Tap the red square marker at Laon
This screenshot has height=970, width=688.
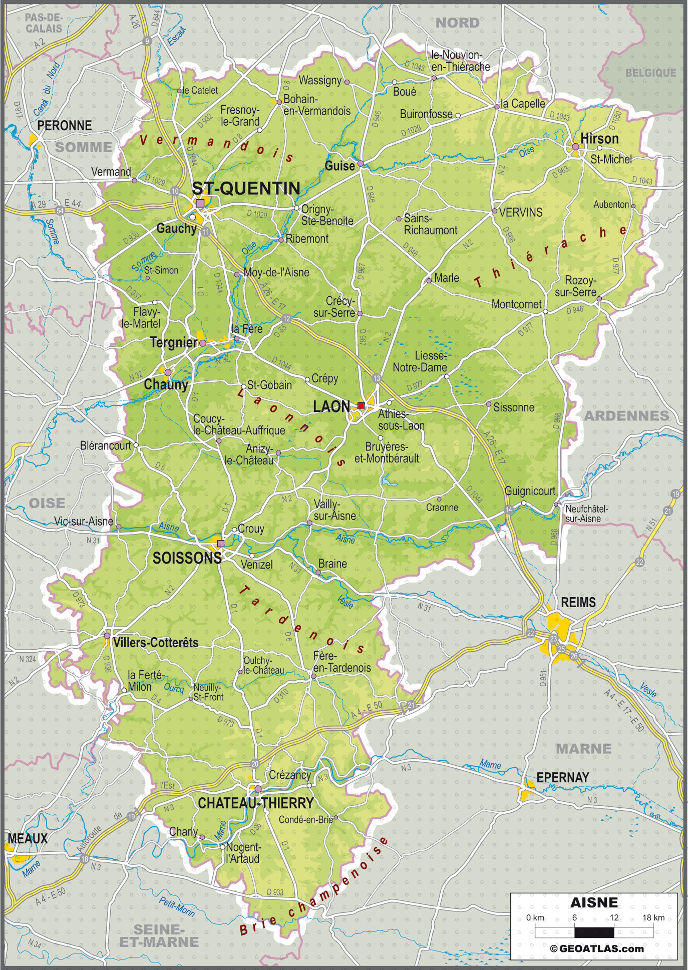pos(361,406)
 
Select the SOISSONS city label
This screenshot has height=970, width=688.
pos(187,558)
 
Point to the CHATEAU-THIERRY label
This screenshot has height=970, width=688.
pos(255,803)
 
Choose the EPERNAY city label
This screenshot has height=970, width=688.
pos(563,777)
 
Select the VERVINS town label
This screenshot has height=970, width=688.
pos(521,212)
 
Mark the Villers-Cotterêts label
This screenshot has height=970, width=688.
pos(155,642)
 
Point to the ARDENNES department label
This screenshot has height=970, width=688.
pos(626,416)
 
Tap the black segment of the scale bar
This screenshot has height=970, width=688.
pos(594,932)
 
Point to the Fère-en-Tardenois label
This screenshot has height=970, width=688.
pos(341,662)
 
